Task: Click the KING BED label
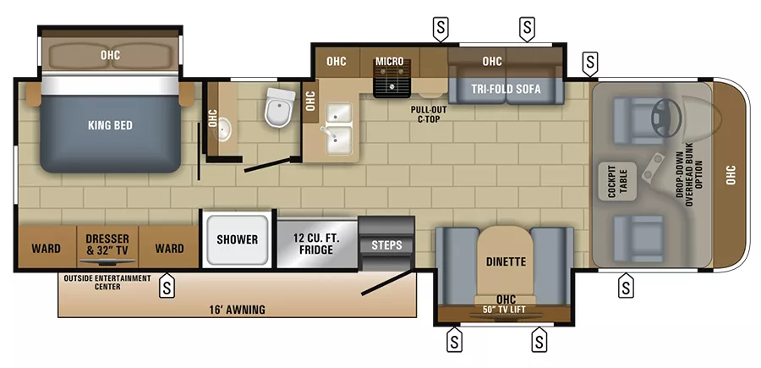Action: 110,125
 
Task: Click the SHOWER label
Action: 237,239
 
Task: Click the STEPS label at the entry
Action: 386,245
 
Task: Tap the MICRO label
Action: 389,62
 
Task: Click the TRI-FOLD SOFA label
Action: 506,89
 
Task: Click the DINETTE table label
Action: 505,261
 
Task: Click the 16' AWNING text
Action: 238,310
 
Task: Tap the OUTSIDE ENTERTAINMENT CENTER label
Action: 107,282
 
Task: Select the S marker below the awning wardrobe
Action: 168,286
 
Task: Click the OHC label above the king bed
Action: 110,55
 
